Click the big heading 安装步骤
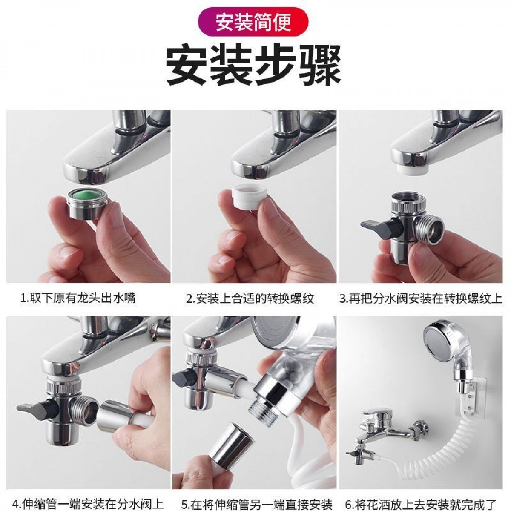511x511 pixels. point(253,65)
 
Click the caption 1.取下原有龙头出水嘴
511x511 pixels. point(78,298)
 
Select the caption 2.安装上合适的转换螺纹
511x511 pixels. point(250,298)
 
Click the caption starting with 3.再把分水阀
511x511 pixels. point(420,298)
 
